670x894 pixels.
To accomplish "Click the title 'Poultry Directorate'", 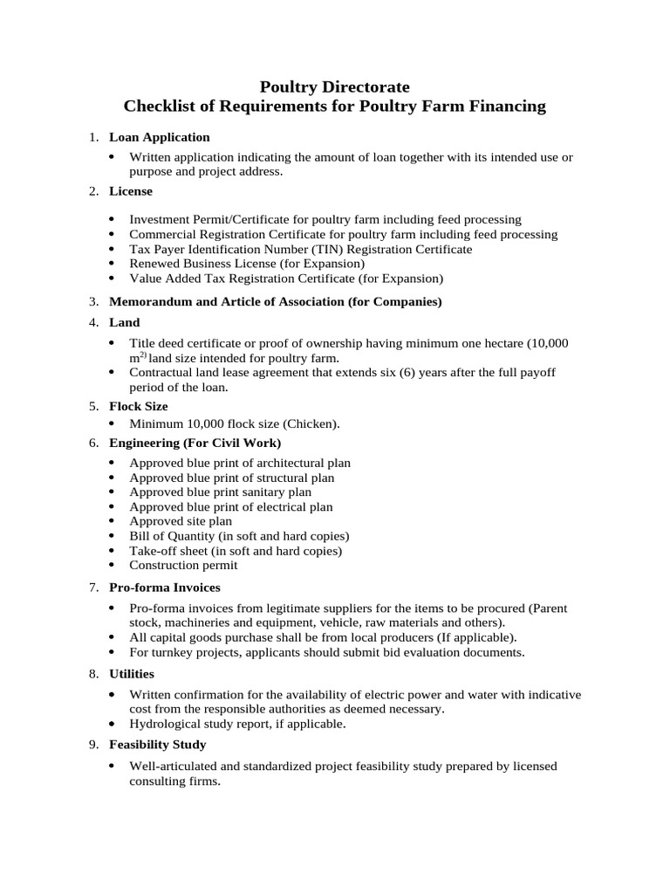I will pos(335,86).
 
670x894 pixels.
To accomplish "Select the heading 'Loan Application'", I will pos(159,137).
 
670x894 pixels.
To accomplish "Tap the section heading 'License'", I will pos(130,190).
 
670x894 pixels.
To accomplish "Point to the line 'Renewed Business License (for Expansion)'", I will pos(247,264).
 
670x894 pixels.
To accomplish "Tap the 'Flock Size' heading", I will pos(138,406).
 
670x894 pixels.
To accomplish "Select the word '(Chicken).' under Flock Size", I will pos(310,423).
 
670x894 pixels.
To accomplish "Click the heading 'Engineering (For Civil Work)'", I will pos(195,443).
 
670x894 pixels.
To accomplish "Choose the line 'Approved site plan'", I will pos(181,521).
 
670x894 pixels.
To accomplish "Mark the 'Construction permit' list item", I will pos(183,565).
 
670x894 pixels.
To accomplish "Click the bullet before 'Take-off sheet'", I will pos(114,551).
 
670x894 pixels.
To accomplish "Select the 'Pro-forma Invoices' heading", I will pos(164,587).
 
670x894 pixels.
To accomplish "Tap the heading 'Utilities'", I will pos(131,673).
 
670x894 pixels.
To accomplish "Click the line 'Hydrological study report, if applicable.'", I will pos(237,724).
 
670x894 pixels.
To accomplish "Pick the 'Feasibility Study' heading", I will pos(157,745).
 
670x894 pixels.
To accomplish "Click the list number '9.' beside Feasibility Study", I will pos(94,745).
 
